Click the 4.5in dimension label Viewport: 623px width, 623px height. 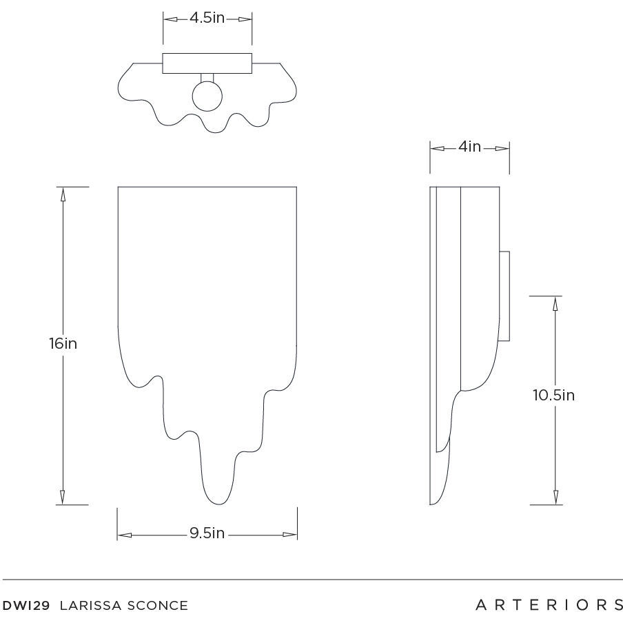click(207, 19)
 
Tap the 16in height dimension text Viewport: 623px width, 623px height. click(63, 343)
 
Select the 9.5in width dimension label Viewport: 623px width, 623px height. click(207, 534)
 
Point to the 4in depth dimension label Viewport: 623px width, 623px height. click(469, 147)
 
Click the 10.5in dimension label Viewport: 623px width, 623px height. click(553, 396)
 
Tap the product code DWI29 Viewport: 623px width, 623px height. click(28, 606)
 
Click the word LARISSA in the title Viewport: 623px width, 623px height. click(90, 606)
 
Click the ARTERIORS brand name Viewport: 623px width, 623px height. click(549, 605)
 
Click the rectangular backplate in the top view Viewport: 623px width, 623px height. click(207, 63)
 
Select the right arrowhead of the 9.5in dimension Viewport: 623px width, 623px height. click(290, 534)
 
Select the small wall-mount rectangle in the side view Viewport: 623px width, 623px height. click(504, 296)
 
